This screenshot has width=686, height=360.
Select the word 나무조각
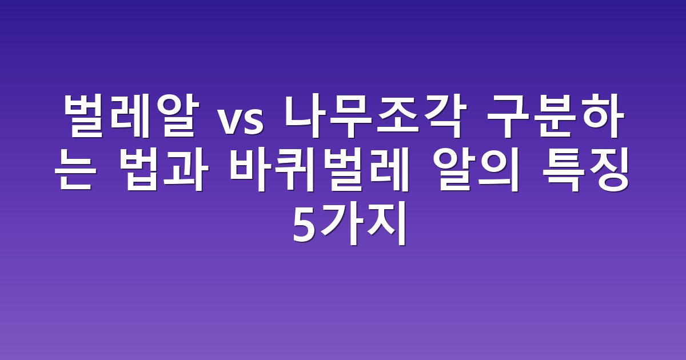(376, 117)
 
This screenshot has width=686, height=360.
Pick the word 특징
(585, 169)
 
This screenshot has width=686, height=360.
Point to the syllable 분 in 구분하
(555, 117)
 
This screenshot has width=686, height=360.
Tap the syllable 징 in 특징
(608, 169)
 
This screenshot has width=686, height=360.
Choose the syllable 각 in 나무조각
(445, 117)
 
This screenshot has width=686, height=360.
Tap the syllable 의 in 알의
(498, 169)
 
